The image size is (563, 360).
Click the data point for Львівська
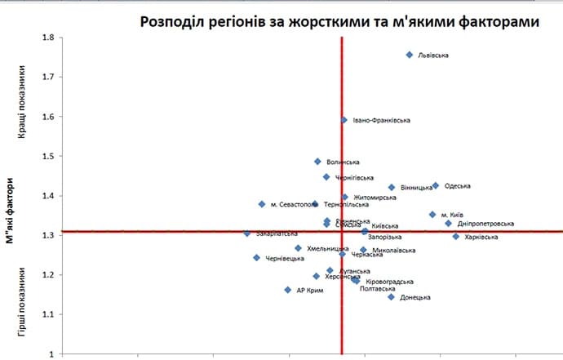tap(410, 55)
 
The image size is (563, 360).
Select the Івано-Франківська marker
tap(344, 120)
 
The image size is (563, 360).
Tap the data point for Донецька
tap(391, 297)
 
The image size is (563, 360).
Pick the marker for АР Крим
tap(288, 290)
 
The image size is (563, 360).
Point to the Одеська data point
tap(436, 186)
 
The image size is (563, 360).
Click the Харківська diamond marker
tap(456, 237)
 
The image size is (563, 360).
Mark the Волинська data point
tap(317, 162)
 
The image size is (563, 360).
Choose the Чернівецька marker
tap(257, 258)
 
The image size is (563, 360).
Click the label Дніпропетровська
tap(485, 224)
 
